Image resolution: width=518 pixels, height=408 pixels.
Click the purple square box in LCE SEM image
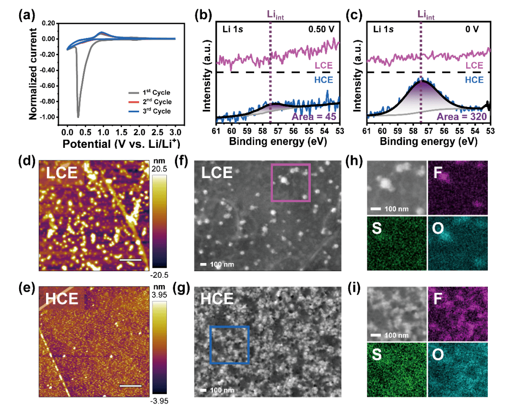click(x=291, y=182)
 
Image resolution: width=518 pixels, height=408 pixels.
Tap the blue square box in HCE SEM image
click(x=230, y=345)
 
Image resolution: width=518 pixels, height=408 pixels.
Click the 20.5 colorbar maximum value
click(x=160, y=169)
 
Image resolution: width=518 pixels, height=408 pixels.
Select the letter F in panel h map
click(x=437, y=173)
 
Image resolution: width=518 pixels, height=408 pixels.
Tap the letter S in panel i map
click(x=377, y=354)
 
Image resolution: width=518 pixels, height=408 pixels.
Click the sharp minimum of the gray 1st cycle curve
click(x=78, y=117)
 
